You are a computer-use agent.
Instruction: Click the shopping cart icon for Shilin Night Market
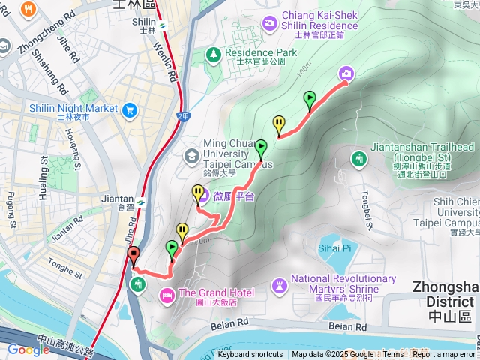pyautogui.click(x=128, y=109)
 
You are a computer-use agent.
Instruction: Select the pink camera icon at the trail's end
pyautogui.click(x=346, y=73)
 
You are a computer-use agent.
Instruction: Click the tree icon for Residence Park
pyautogui.click(x=214, y=54)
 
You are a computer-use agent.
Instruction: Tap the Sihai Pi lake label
pyautogui.click(x=334, y=247)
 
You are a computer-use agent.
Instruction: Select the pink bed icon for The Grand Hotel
pyautogui.click(x=166, y=293)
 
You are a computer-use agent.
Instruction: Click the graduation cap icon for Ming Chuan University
pyautogui.click(x=192, y=155)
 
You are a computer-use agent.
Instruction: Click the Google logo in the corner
pyautogui.click(x=28, y=349)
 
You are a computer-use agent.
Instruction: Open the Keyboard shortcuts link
pyautogui.click(x=250, y=355)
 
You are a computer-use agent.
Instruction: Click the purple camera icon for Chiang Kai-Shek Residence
pyautogui.click(x=269, y=24)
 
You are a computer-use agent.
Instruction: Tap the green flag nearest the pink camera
pyautogui.click(x=310, y=100)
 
